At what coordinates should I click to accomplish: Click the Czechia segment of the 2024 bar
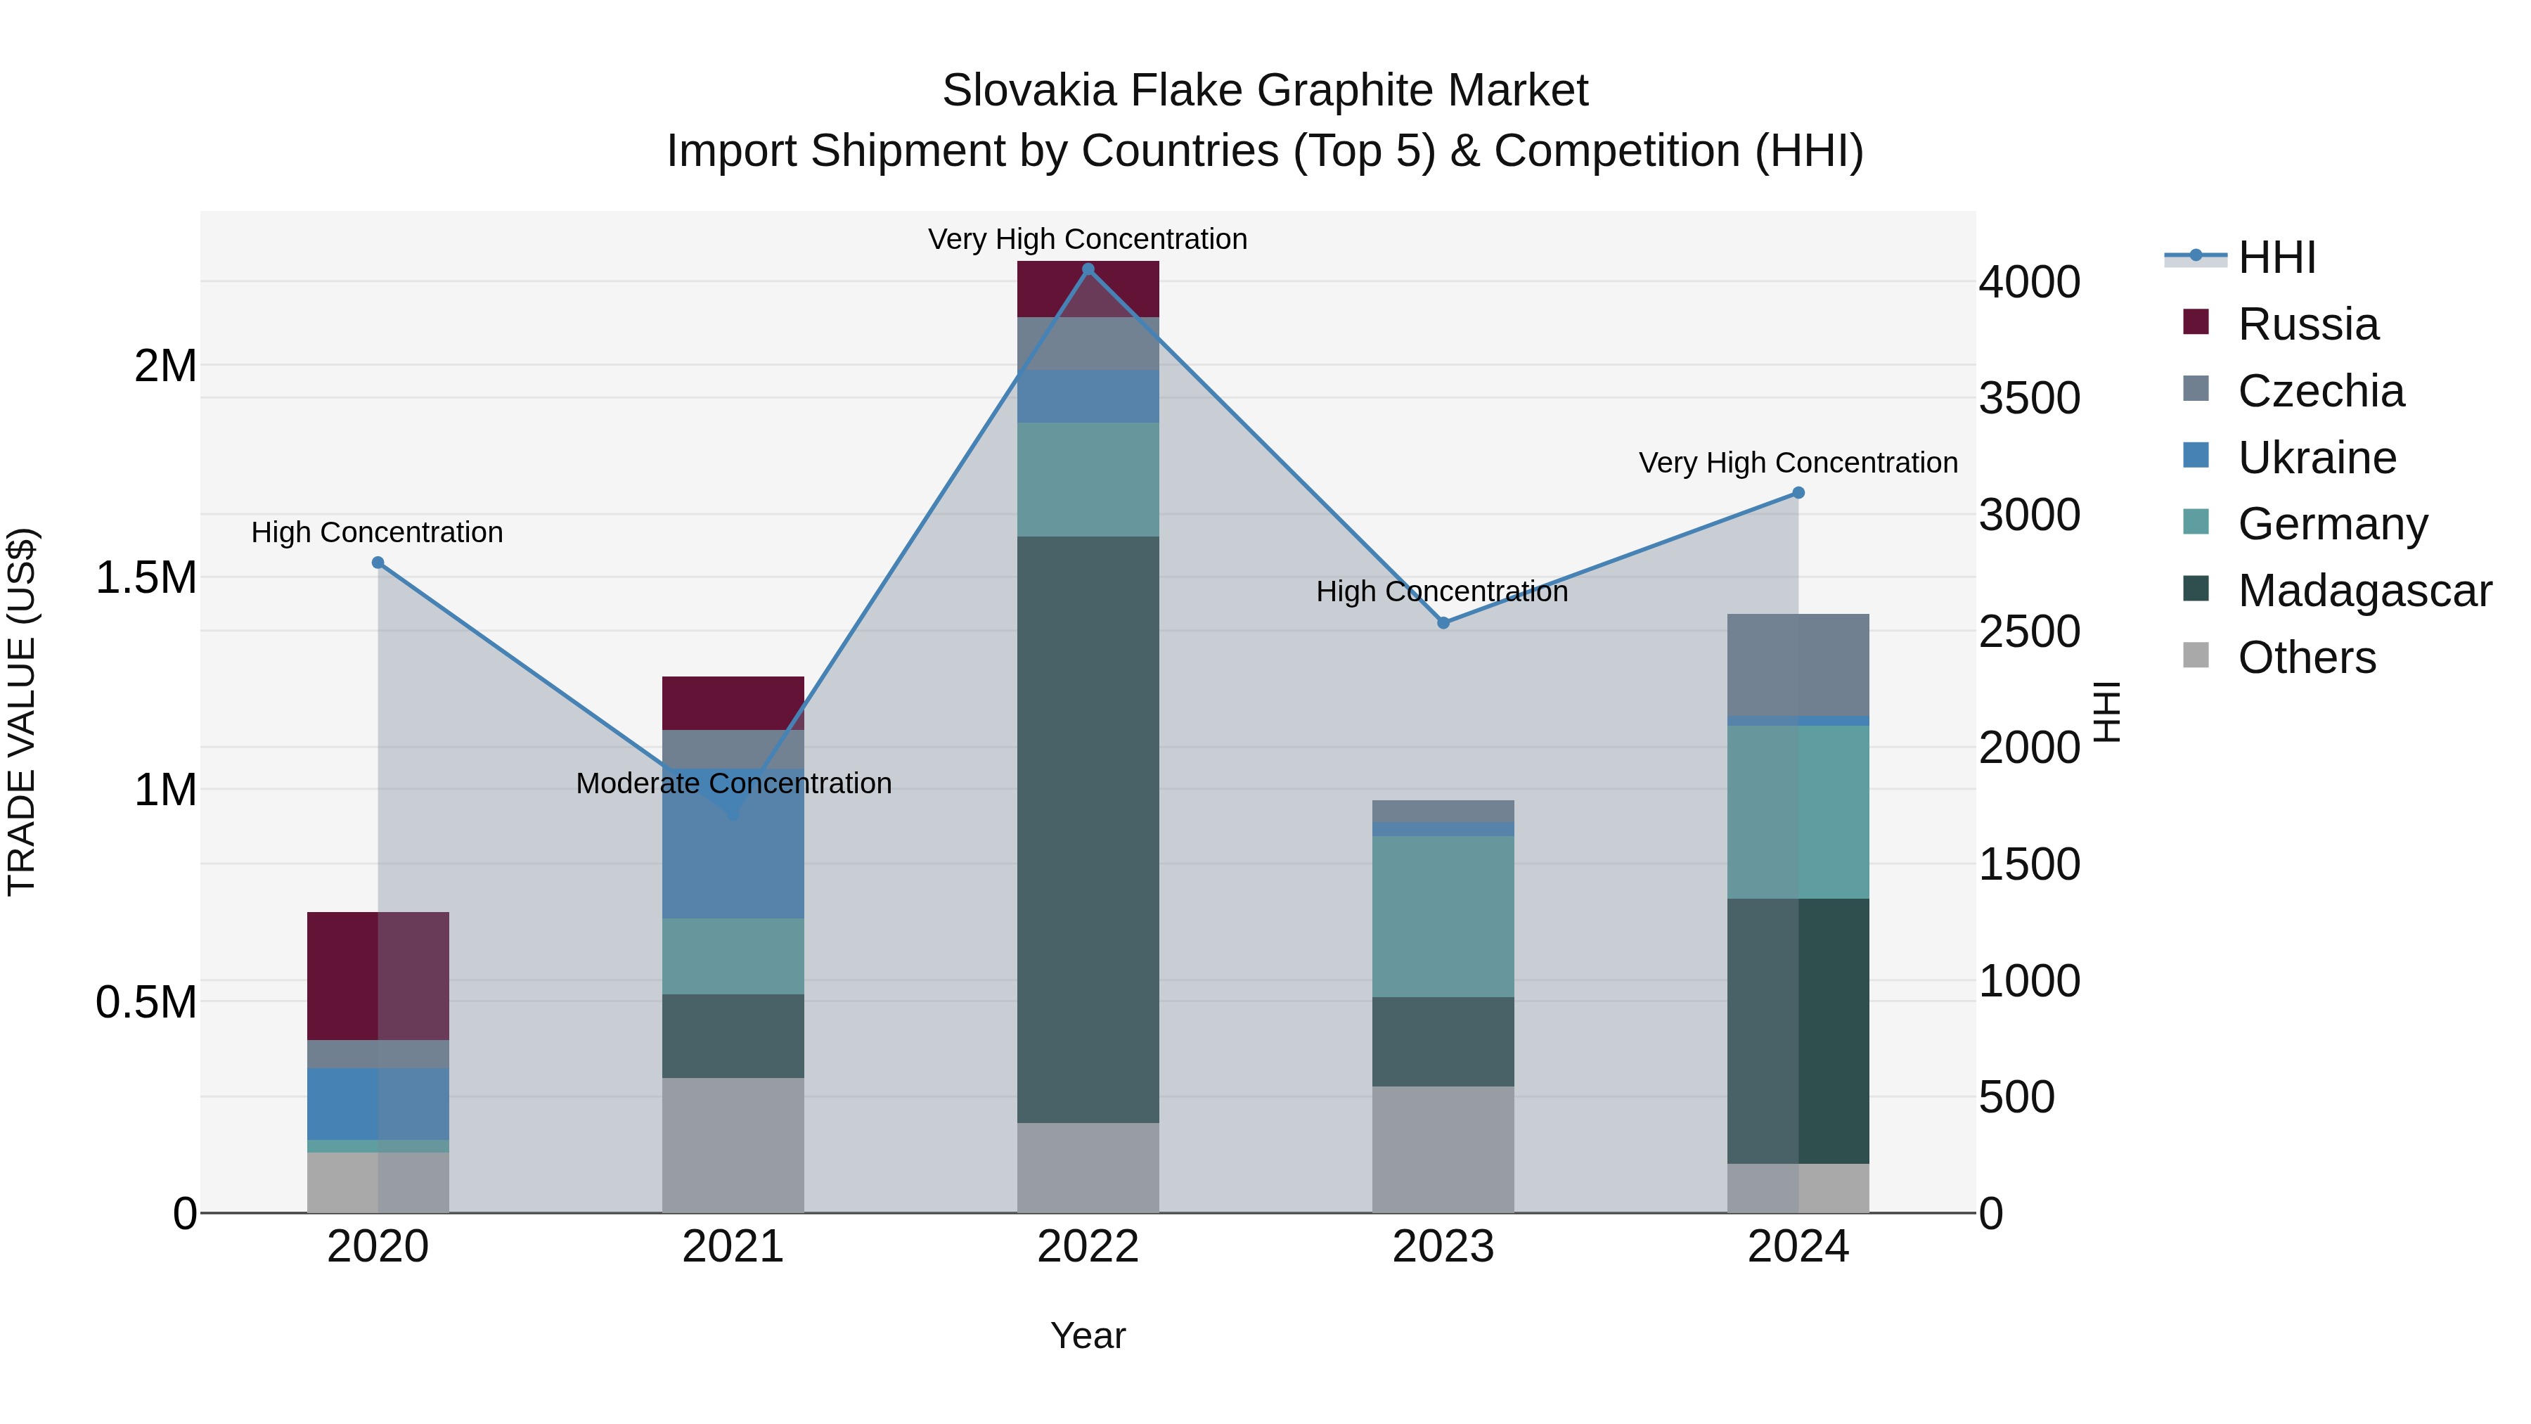click(x=1798, y=665)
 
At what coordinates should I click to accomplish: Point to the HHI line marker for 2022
click(x=1088, y=269)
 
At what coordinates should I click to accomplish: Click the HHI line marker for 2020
click(x=378, y=562)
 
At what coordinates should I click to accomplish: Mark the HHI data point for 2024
click(x=1798, y=492)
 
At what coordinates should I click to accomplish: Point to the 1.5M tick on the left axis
click(x=146, y=578)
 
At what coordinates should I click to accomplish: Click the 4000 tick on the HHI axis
click(x=2029, y=283)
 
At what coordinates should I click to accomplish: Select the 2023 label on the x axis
click(x=1443, y=1247)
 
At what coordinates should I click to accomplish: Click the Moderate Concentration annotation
click(x=733, y=783)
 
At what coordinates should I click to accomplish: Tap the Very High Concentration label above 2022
click(x=1088, y=239)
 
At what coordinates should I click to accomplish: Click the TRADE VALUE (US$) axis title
click(x=22, y=712)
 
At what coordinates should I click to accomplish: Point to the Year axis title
click(x=1088, y=1335)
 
